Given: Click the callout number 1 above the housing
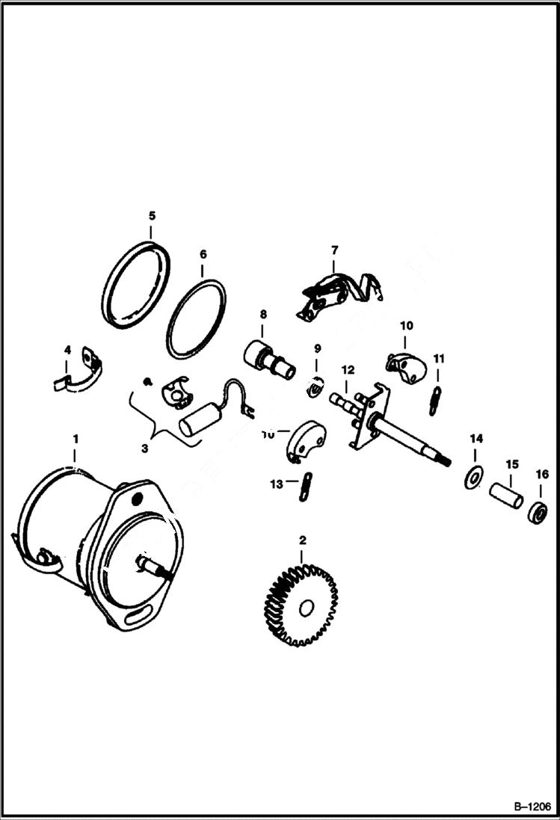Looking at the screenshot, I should click(x=75, y=435).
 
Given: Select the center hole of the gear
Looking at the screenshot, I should click(x=304, y=608).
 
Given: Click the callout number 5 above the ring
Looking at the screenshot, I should click(x=152, y=215).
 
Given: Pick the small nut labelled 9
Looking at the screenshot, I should click(x=315, y=388).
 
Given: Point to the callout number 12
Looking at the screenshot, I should click(x=347, y=370).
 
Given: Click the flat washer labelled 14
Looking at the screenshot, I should click(x=473, y=478).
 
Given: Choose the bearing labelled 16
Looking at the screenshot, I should click(x=538, y=514).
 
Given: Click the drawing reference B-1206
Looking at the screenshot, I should click(x=531, y=807).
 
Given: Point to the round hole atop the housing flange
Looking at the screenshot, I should click(x=137, y=497).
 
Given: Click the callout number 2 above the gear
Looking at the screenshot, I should click(x=302, y=540).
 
